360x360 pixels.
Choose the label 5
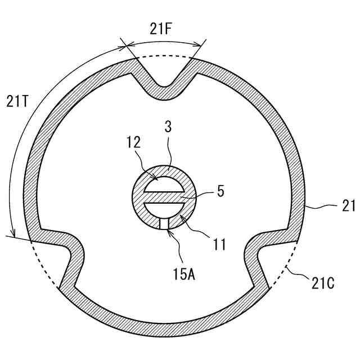click(x=220, y=191)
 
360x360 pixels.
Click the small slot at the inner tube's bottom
click(x=163, y=223)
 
